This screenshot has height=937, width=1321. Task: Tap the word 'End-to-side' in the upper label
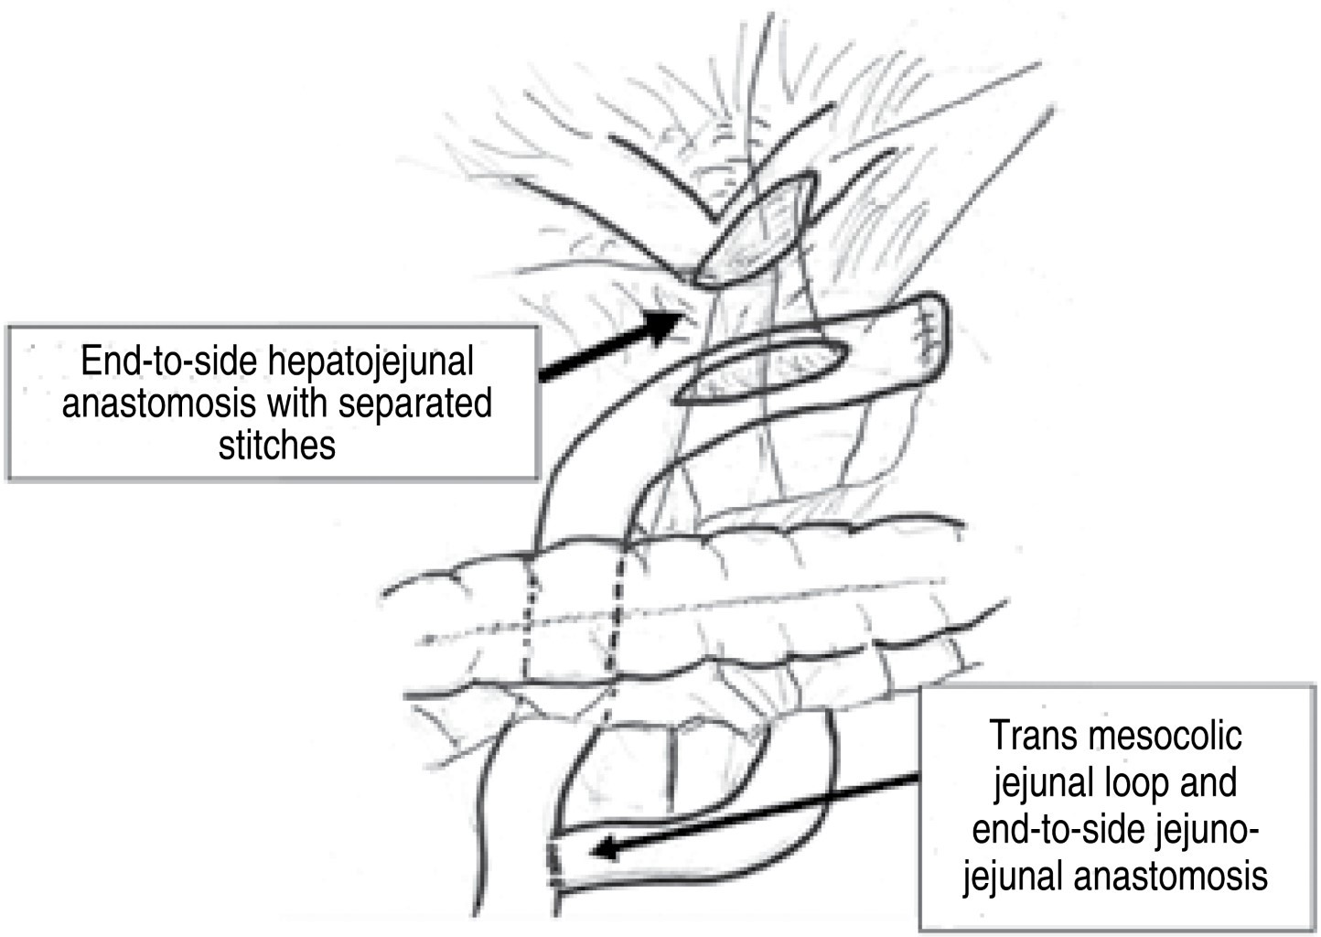pyautogui.click(x=173, y=361)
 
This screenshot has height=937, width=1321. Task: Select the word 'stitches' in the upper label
pyautogui.click(x=276, y=445)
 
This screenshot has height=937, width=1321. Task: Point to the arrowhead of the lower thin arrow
pyautogui.click(x=604, y=851)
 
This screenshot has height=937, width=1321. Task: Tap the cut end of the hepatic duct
pyautogui.click(x=757, y=232)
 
